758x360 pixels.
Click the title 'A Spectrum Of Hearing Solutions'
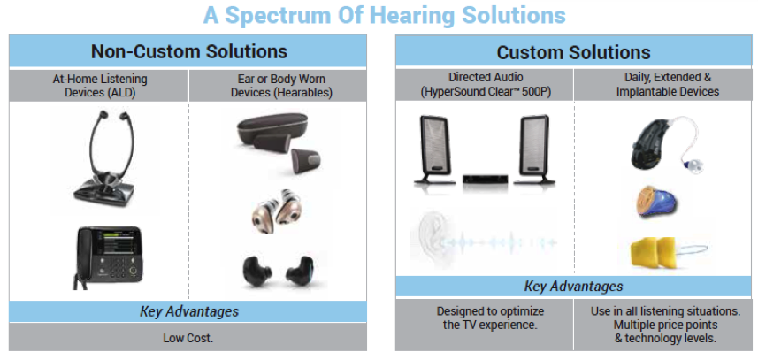click(385, 14)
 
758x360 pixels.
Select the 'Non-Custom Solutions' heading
click(189, 51)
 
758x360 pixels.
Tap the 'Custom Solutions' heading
click(574, 52)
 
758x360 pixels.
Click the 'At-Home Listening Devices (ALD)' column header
click(100, 86)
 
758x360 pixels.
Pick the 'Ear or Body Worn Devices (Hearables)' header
click(281, 86)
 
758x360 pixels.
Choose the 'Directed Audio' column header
click(486, 77)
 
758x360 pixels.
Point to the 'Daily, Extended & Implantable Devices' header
click(667, 85)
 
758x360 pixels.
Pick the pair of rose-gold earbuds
click(273, 211)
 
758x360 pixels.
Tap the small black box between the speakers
click(485, 179)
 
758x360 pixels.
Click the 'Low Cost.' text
click(188, 338)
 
